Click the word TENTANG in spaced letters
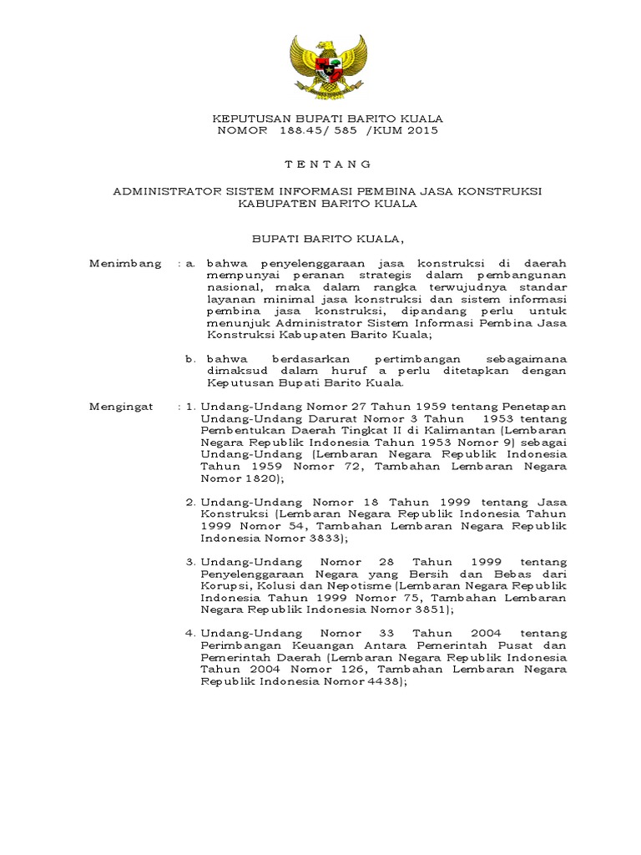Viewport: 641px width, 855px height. [x=326, y=164]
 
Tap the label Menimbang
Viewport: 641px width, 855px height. [x=125, y=264]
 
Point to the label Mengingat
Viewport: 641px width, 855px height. [x=121, y=407]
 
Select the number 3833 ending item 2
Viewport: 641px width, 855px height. [x=304, y=539]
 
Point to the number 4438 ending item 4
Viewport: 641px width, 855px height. [x=379, y=682]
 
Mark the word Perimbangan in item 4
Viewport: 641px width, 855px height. [x=240, y=646]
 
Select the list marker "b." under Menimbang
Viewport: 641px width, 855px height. [x=190, y=359]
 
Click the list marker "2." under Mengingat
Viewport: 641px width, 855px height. [x=190, y=503]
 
